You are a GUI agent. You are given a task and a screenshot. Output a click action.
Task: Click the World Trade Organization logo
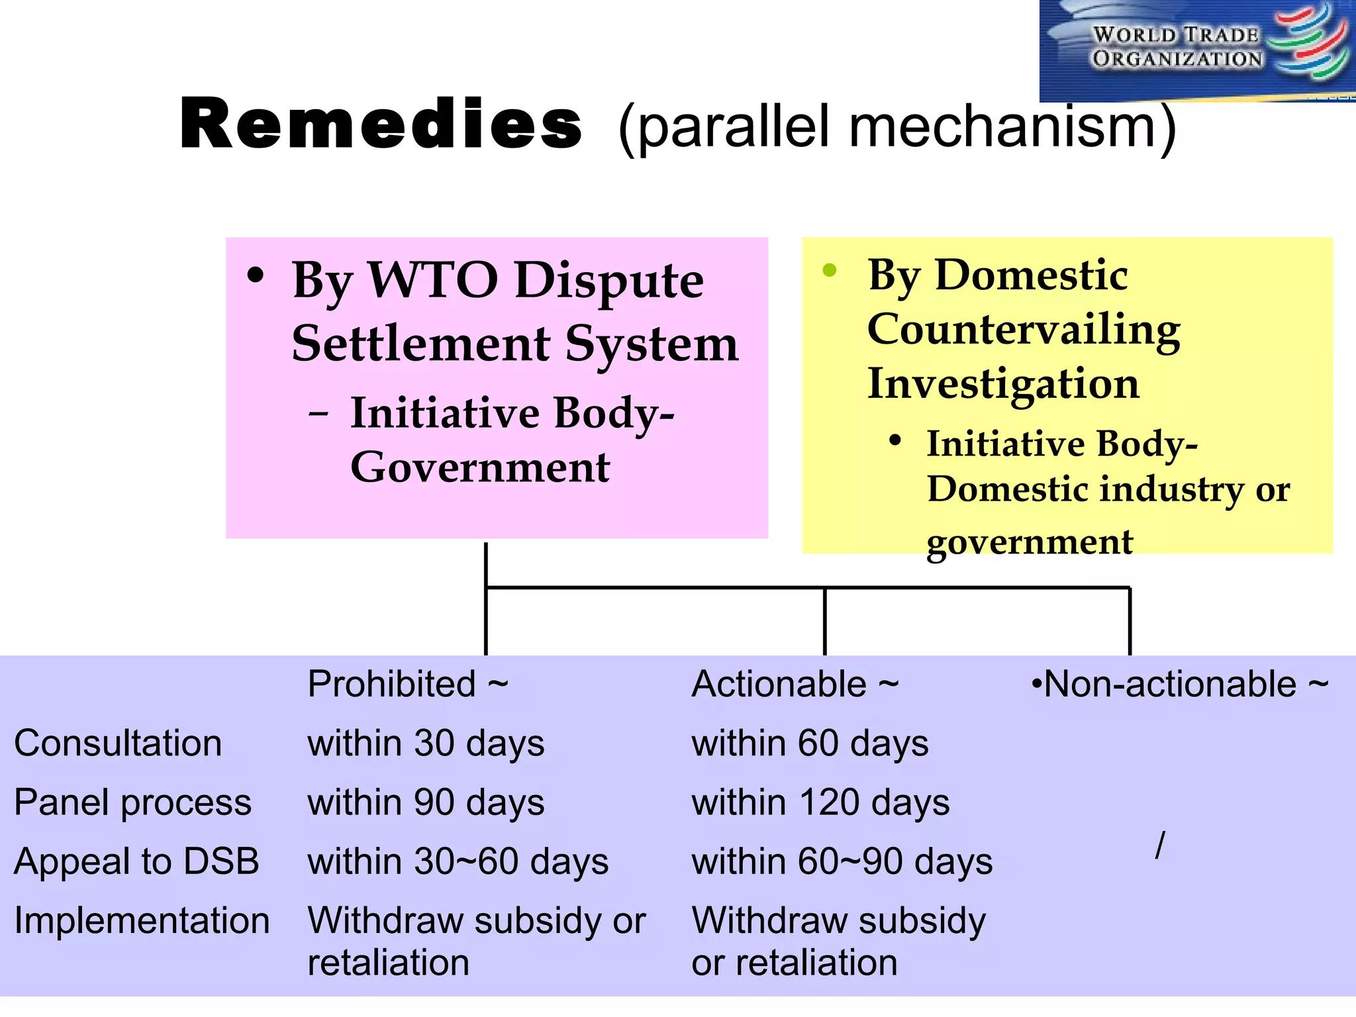[x=1197, y=50]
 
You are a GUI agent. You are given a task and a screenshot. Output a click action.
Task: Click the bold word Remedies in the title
[x=381, y=124]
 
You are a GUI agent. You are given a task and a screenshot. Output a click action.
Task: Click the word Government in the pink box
[x=479, y=467]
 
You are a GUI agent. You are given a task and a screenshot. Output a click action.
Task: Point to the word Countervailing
[x=1024, y=330]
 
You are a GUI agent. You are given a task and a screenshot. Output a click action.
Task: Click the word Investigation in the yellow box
[x=1003, y=383]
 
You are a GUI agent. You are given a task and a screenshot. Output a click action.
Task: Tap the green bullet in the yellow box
[x=830, y=270]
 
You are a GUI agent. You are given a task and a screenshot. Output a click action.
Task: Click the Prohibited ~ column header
[x=407, y=684]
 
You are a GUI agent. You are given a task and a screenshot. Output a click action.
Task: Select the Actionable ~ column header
[x=795, y=684]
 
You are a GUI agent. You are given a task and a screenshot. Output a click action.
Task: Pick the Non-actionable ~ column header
[x=1179, y=684]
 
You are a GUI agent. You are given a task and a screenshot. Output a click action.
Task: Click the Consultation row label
[x=118, y=743]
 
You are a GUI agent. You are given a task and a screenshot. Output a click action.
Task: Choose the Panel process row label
[x=132, y=802]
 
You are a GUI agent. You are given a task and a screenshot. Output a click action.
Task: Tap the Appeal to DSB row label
[x=136, y=861]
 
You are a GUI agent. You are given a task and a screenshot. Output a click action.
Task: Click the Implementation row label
[x=142, y=921]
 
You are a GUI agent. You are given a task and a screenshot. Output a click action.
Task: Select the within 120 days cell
[x=820, y=802]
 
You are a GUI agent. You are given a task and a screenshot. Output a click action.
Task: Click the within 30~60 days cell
[x=458, y=861]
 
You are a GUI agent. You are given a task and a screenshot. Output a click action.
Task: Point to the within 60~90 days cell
[x=842, y=861]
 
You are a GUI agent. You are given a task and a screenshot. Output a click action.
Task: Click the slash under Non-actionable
[x=1160, y=846]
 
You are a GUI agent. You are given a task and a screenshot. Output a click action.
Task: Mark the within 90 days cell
[x=426, y=802]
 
